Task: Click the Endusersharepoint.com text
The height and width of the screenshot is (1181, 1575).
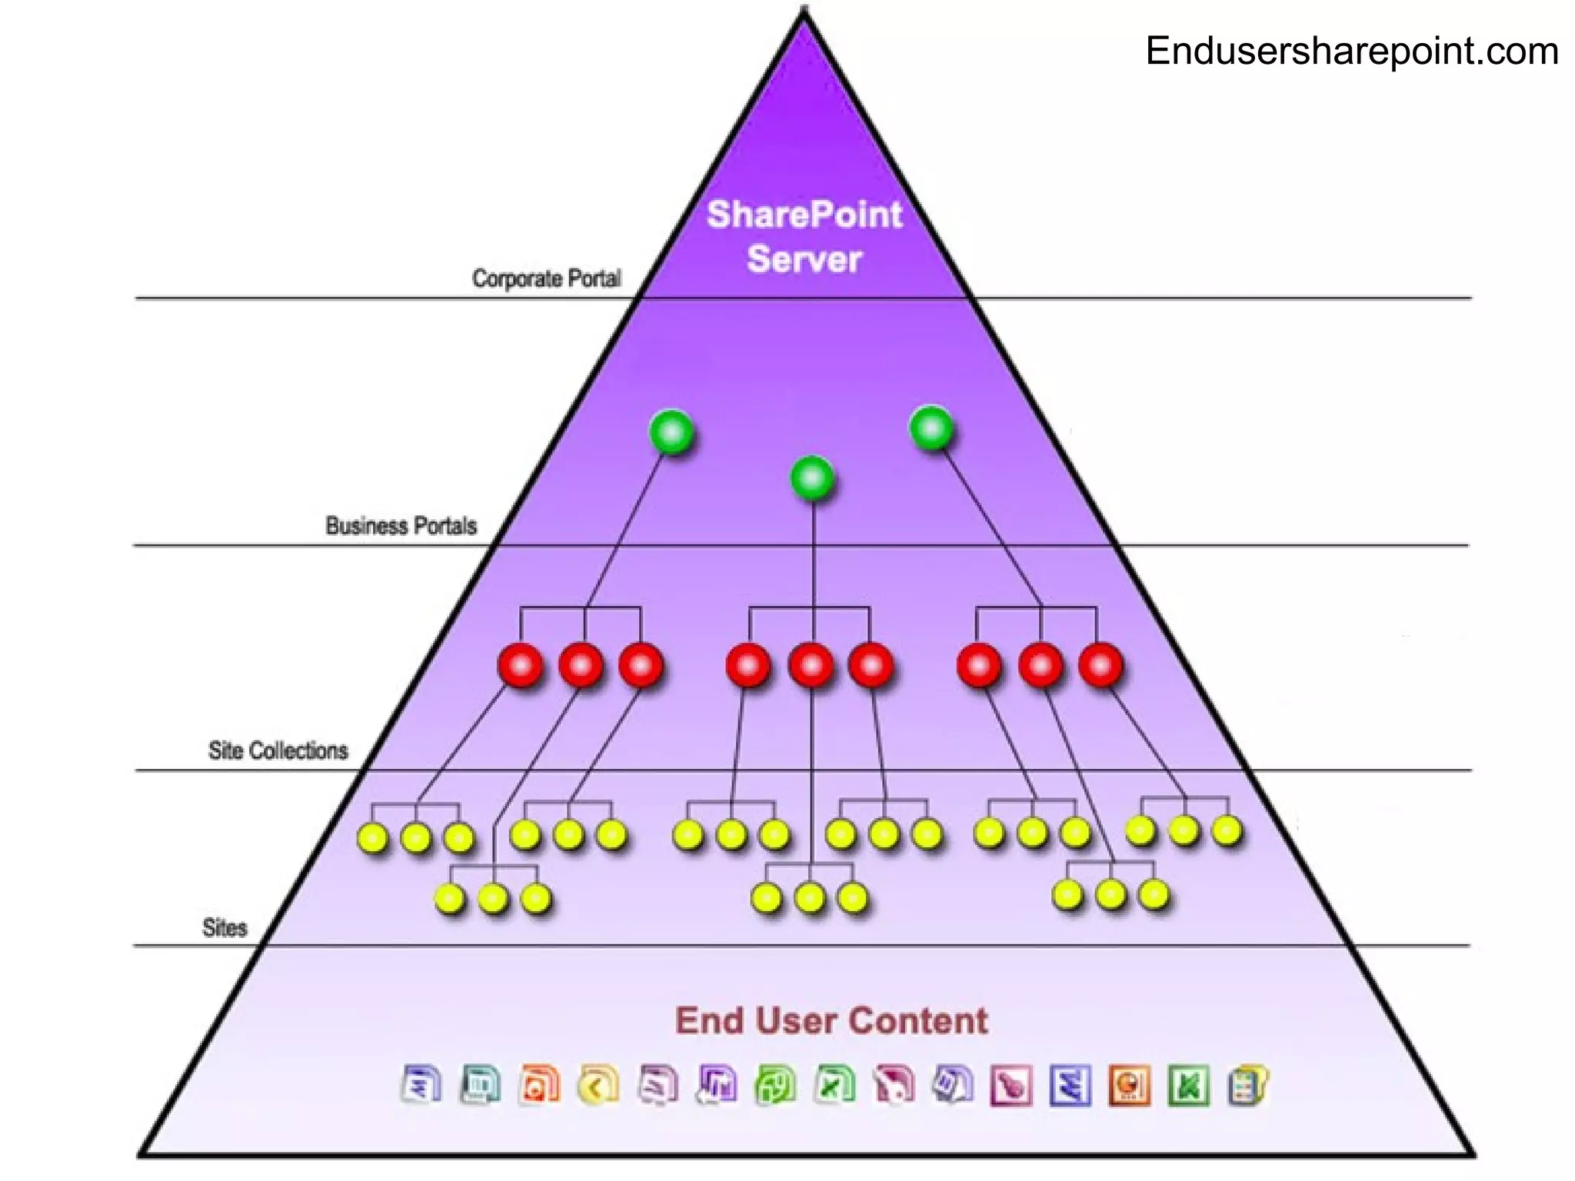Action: [1351, 52]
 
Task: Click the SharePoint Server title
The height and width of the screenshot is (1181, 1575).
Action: [804, 236]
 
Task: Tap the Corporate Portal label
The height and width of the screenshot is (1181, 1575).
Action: [546, 278]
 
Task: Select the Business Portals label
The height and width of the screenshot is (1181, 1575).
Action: [401, 526]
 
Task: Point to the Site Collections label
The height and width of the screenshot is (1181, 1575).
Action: [278, 750]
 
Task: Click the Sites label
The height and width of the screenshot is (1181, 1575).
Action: [225, 928]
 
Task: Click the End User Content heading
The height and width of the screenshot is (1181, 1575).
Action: [831, 1021]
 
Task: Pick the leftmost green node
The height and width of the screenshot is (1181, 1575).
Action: [671, 432]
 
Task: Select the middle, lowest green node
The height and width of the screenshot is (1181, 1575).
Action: [812, 478]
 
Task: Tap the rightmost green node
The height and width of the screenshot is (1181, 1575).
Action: [931, 428]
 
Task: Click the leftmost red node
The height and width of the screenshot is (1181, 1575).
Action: [521, 665]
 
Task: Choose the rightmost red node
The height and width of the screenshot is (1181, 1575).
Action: [1101, 665]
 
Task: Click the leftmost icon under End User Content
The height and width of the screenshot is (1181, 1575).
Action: [421, 1085]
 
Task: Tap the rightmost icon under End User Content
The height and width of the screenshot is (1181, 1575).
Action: [1247, 1085]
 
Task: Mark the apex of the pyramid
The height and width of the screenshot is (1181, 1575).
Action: [804, 12]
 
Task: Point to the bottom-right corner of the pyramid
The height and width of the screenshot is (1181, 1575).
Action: [1472, 1153]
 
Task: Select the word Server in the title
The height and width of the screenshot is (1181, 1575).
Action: [804, 259]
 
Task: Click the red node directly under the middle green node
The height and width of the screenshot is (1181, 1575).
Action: [811, 665]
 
